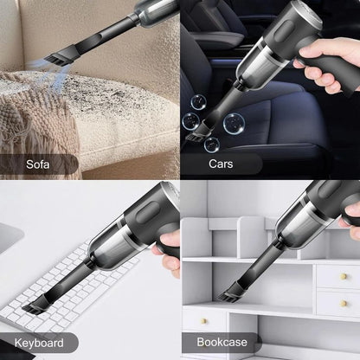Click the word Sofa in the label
pyautogui.click(x=37, y=163)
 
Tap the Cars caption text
pyautogui.click(x=220, y=163)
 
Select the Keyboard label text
pyautogui.click(x=39, y=343)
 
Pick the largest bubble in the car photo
pyautogui.click(x=232, y=123)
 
